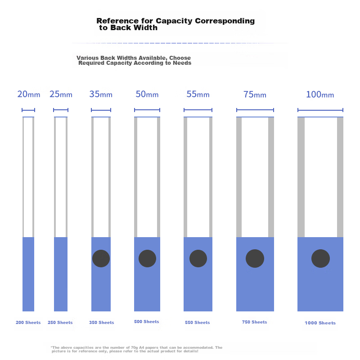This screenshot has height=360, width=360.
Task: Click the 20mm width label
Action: [x=29, y=94]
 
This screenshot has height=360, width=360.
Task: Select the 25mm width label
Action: [x=60, y=94]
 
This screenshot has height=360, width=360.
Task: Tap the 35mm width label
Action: [x=101, y=94]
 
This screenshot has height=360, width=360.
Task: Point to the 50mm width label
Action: [x=147, y=94]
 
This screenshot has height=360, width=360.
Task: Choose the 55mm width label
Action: [x=198, y=94]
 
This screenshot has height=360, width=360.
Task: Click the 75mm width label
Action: [x=255, y=94]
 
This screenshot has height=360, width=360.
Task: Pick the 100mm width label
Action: [x=320, y=94]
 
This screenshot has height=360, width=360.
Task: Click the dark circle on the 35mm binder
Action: [x=101, y=258]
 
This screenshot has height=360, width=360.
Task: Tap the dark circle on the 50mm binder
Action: [x=147, y=258]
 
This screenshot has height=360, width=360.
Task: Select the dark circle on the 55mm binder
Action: [x=198, y=258]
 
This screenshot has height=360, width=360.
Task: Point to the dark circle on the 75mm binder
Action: [x=255, y=258]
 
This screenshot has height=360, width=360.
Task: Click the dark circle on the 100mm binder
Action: [x=320, y=259]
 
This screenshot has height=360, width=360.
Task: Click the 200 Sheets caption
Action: [x=28, y=323]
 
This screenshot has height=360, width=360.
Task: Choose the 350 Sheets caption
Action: [x=101, y=323]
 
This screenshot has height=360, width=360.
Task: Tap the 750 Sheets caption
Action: [x=254, y=322]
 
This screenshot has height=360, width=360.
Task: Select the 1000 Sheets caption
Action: [x=320, y=323]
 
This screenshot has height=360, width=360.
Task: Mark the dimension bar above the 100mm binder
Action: [x=320, y=110]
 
